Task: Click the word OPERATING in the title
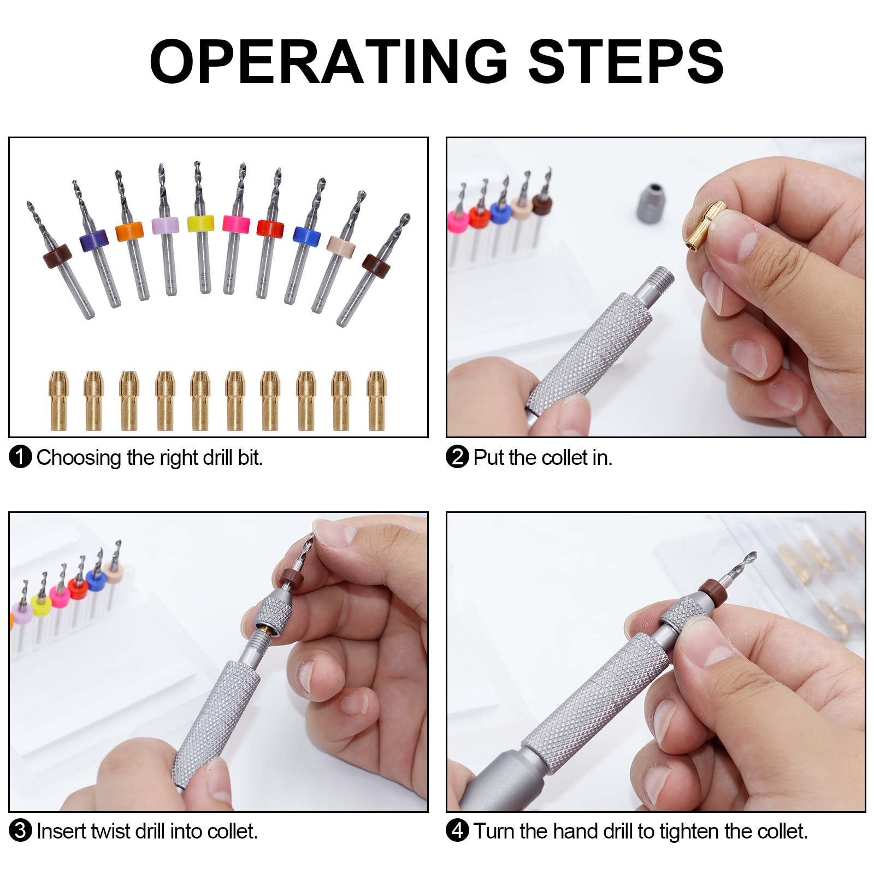(x=329, y=62)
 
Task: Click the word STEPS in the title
(x=626, y=62)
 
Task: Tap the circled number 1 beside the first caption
(x=20, y=457)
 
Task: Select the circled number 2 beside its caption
(x=457, y=457)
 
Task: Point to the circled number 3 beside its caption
(x=20, y=830)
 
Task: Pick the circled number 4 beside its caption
(x=457, y=830)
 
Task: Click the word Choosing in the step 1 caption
(x=79, y=458)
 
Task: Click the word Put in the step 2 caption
(x=488, y=457)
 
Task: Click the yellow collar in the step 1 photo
(x=200, y=223)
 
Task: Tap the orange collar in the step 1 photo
(x=129, y=231)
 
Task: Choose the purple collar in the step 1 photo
(x=94, y=240)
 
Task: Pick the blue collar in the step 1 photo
(x=306, y=236)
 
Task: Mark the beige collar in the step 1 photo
(x=341, y=246)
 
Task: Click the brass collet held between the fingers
(x=705, y=225)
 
